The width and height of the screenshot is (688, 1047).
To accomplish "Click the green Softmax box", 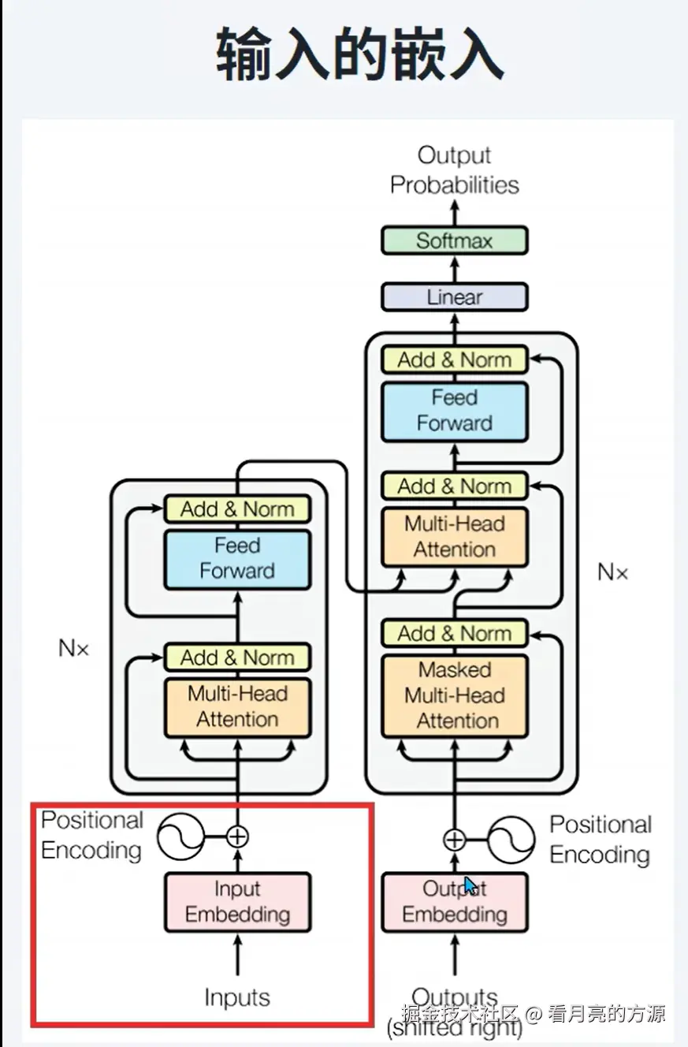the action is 455,240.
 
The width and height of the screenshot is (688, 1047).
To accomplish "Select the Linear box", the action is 455,296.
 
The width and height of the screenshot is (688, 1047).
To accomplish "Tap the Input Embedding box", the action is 237,902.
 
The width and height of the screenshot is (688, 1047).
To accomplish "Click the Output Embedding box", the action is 455,902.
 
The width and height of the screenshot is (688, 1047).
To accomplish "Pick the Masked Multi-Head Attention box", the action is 455,696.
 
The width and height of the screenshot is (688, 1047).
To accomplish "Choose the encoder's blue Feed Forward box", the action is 237,559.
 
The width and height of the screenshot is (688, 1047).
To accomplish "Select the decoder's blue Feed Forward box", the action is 455,412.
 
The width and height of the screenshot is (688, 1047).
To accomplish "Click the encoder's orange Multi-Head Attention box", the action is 237,707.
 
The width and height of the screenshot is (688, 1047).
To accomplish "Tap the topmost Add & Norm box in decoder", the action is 455,360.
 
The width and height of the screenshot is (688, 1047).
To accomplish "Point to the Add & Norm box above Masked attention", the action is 455,633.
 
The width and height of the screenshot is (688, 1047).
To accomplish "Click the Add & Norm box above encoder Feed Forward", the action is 237,509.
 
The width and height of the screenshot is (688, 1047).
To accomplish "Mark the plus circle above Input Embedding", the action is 237,836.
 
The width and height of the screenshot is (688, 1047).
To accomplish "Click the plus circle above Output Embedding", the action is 455,840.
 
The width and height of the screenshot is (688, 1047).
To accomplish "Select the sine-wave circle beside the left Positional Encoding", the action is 180,836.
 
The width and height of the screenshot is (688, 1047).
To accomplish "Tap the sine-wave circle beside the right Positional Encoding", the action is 511,840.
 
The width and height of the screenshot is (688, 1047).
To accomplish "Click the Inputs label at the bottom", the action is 237,997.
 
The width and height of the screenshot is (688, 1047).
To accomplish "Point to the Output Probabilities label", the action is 455,170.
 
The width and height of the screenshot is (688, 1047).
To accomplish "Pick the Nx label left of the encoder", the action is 74,648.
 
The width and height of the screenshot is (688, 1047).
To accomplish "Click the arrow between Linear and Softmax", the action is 455,269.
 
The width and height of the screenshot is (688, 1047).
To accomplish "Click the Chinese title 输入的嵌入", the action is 359,54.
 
